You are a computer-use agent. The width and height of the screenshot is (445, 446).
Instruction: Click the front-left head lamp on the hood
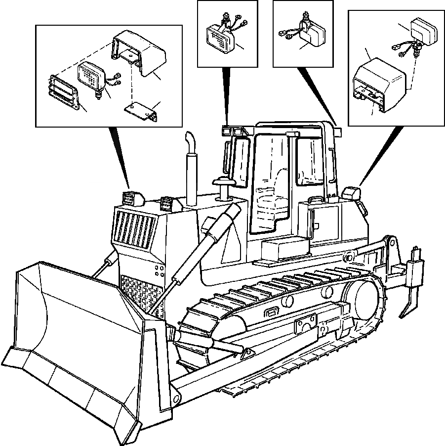[x=130, y=198]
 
